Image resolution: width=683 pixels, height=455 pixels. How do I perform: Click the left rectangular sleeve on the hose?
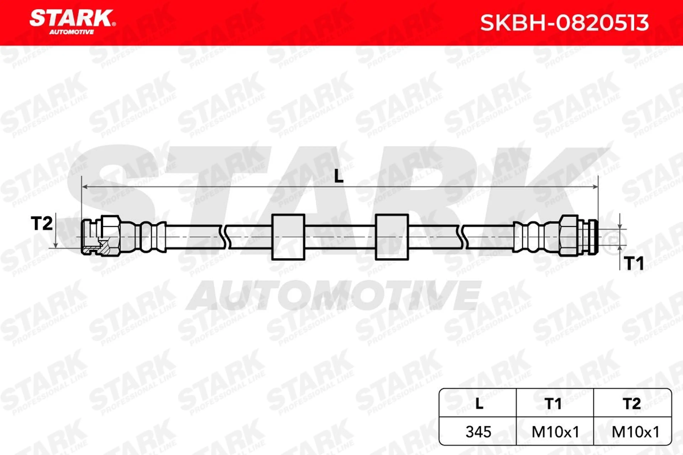coord(288,237)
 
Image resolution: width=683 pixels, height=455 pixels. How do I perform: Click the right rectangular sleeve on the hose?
coord(392,237)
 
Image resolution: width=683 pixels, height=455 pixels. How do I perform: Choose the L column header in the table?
coord(479,404)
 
